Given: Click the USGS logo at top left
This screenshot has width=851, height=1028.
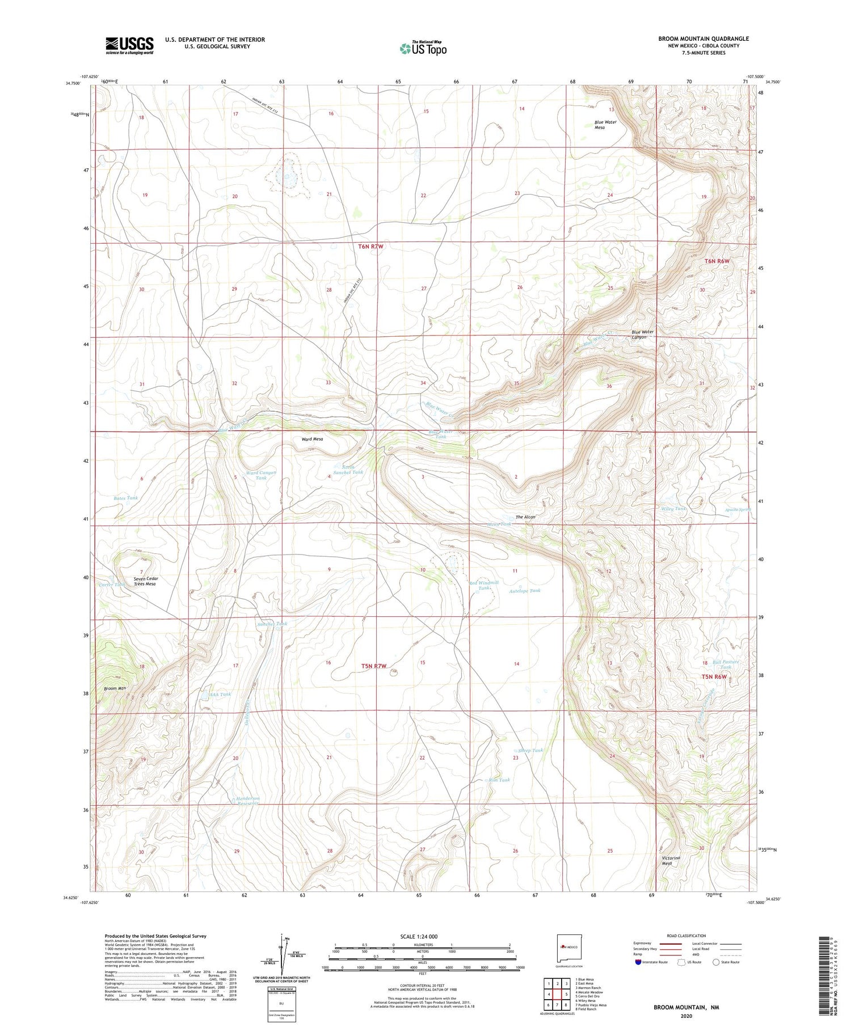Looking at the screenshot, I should click(x=129, y=45).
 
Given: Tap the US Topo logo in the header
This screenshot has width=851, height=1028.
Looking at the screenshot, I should click(x=423, y=49).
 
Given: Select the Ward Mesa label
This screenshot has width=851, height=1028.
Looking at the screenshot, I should click(x=312, y=439).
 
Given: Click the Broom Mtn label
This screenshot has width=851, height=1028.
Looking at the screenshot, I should click(x=114, y=689).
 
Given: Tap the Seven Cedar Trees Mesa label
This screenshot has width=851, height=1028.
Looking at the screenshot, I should click(x=145, y=581).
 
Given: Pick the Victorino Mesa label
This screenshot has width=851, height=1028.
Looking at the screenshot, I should click(x=671, y=861).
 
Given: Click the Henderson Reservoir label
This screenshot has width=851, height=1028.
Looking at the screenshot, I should click(x=247, y=801).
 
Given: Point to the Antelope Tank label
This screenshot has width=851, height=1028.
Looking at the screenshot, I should click(x=525, y=591).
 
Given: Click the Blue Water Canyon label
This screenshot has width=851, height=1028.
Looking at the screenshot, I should click(x=643, y=335).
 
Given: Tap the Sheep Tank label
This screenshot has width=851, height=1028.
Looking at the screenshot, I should click(x=530, y=750).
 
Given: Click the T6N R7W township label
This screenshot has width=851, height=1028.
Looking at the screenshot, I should click(x=371, y=247).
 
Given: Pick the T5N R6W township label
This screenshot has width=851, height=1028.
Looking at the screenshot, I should click(x=714, y=677).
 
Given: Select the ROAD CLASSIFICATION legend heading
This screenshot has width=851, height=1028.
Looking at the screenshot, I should click(x=686, y=936).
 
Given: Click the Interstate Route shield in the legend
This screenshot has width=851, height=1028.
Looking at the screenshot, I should click(x=638, y=962).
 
